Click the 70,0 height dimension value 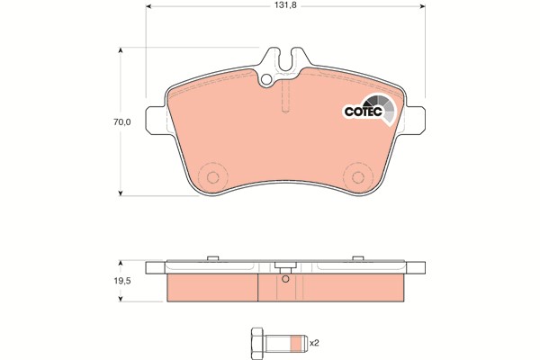tap(122, 122)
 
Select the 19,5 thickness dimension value tap(122, 281)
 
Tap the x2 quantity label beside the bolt tap(314, 343)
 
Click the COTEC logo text tap(364, 112)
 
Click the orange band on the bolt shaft tap(295, 344)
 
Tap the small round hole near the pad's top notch tap(265, 80)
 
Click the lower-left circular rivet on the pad tap(212, 178)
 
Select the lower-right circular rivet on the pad tap(358, 178)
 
